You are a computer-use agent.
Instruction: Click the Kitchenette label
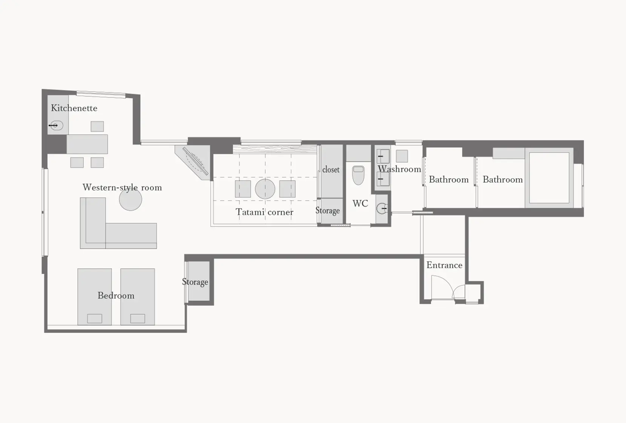[74, 108]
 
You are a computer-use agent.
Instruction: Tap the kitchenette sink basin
[57, 125]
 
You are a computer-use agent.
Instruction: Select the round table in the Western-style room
[130, 200]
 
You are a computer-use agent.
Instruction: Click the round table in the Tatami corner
[265, 189]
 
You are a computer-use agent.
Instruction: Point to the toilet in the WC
[358, 175]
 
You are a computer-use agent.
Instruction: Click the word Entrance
[444, 265]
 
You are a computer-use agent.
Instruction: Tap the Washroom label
[399, 169]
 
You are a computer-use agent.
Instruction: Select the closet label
[331, 170]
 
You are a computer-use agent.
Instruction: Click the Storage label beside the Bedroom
[195, 282]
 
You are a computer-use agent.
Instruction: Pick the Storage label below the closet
[327, 211]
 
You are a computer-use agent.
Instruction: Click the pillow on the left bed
[95, 318]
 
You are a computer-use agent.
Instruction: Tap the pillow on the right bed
[138, 318]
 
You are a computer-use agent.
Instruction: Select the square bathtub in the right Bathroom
[549, 178]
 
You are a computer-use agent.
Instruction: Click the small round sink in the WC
[382, 208]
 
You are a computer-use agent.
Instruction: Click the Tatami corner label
[264, 212]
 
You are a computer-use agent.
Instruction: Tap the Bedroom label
[116, 296]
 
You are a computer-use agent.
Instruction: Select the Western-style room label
[122, 188]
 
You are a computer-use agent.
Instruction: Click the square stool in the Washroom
[402, 156]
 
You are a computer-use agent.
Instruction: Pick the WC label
[360, 204]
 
